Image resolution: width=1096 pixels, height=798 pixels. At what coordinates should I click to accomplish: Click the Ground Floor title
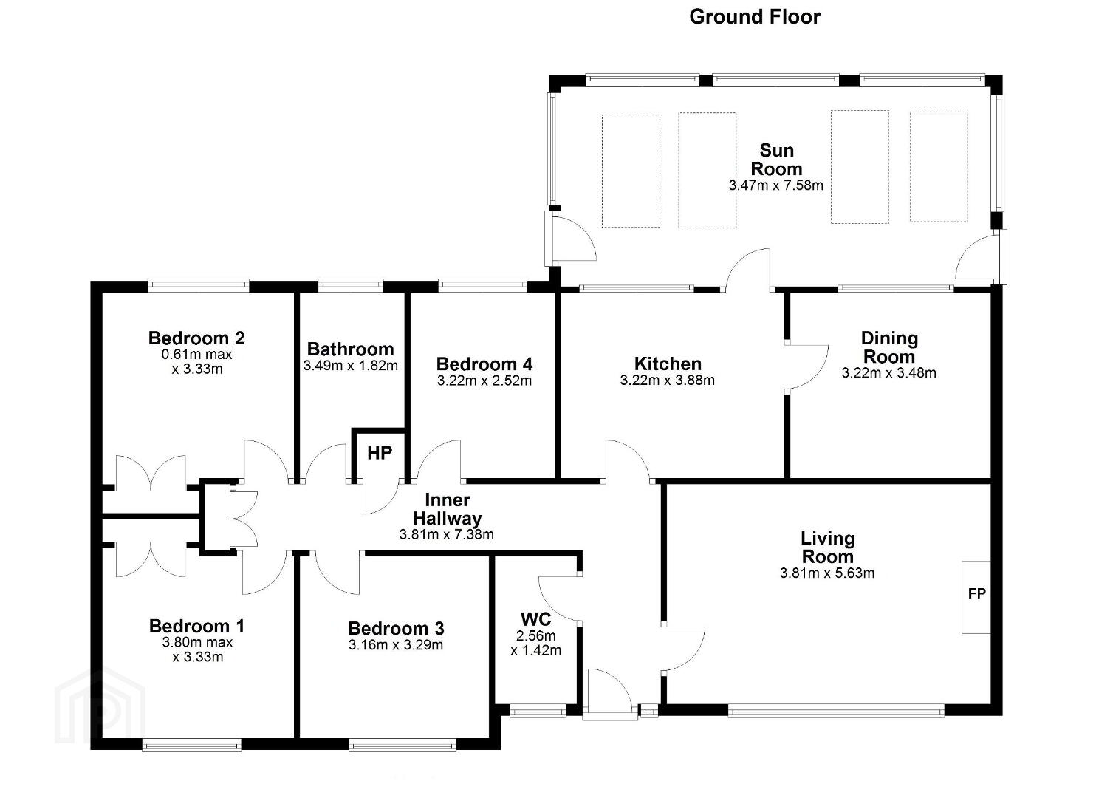(x=755, y=17)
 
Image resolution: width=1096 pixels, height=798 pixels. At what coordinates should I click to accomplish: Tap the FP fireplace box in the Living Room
(x=976, y=597)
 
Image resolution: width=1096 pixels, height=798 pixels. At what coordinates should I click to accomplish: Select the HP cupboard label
(x=379, y=453)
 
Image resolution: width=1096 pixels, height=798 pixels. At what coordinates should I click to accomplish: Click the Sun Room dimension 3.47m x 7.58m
(x=776, y=185)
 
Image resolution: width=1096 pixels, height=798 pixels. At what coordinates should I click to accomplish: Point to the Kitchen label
(x=668, y=364)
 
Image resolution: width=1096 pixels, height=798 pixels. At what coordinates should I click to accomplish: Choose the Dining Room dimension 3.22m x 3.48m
(x=889, y=373)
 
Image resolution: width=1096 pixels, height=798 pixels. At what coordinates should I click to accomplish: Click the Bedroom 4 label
(x=484, y=364)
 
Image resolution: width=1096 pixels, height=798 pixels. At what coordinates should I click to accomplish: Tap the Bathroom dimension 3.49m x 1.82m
(x=351, y=366)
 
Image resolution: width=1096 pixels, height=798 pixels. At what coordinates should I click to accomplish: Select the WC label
(x=535, y=619)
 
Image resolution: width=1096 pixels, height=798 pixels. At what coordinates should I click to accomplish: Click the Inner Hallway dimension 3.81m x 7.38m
(x=447, y=535)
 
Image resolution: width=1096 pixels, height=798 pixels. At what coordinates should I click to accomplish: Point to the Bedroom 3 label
(x=396, y=628)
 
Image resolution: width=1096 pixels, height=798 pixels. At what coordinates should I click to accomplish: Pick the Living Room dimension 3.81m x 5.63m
(x=827, y=573)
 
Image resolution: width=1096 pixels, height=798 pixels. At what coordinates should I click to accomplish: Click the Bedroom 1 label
(x=196, y=626)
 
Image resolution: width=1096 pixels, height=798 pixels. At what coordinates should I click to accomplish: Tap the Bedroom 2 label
(x=196, y=338)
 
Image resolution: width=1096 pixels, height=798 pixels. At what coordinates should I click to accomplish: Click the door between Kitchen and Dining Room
(x=806, y=367)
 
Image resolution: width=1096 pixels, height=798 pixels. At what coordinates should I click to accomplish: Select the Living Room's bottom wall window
(x=836, y=710)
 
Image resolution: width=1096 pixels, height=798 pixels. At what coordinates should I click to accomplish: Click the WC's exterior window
(x=538, y=710)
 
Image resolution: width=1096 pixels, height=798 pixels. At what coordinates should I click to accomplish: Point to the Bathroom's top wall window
(x=351, y=285)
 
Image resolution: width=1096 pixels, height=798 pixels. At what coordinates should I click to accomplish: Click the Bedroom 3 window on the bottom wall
(x=403, y=746)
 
